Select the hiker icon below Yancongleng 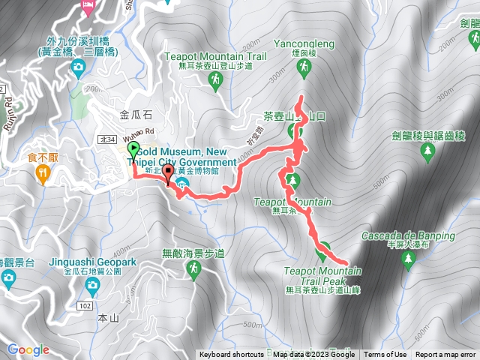(x=304, y=69)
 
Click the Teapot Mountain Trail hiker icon (x=215, y=78)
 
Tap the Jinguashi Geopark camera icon (x=92, y=285)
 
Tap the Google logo (x=28, y=349)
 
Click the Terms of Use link (x=385, y=355)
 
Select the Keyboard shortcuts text (x=232, y=355)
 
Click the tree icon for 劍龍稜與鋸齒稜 (x=428, y=152)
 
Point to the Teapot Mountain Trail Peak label (x=323, y=274)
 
